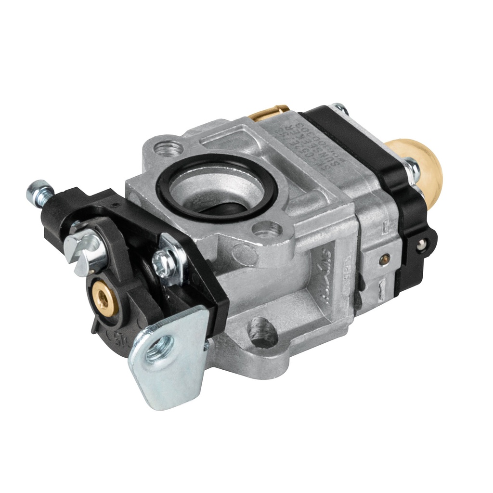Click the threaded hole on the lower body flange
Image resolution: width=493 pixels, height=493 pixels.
pyautogui.click(x=263, y=333)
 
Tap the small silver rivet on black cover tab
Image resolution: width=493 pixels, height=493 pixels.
pyautogui.click(x=422, y=245)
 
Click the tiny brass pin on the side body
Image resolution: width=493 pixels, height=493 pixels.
pyautogui.click(x=384, y=259)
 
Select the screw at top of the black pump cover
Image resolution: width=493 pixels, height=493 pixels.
pyautogui.click(x=340, y=108)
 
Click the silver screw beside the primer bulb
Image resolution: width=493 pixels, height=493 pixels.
pyautogui.click(x=412, y=168)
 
